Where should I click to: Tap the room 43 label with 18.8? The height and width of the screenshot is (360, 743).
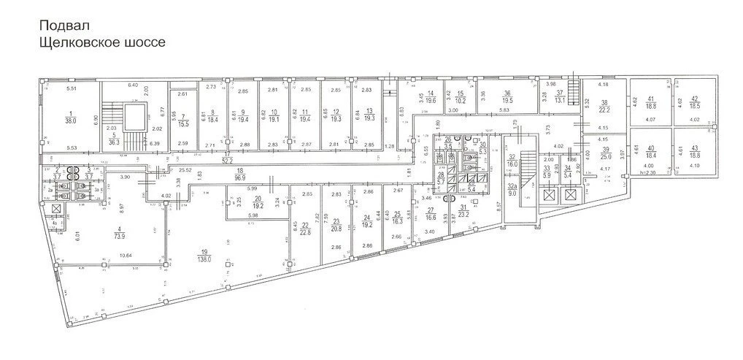tap(694, 156)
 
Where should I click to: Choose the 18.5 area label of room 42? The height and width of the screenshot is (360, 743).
tap(694, 106)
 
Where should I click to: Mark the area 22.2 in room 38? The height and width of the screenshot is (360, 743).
tap(604, 110)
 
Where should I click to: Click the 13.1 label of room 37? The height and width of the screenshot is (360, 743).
tap(560, 101)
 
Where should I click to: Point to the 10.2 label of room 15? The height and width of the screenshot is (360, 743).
tap(461, 101)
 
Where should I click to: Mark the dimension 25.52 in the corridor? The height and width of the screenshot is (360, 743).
tap(175, 170)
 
